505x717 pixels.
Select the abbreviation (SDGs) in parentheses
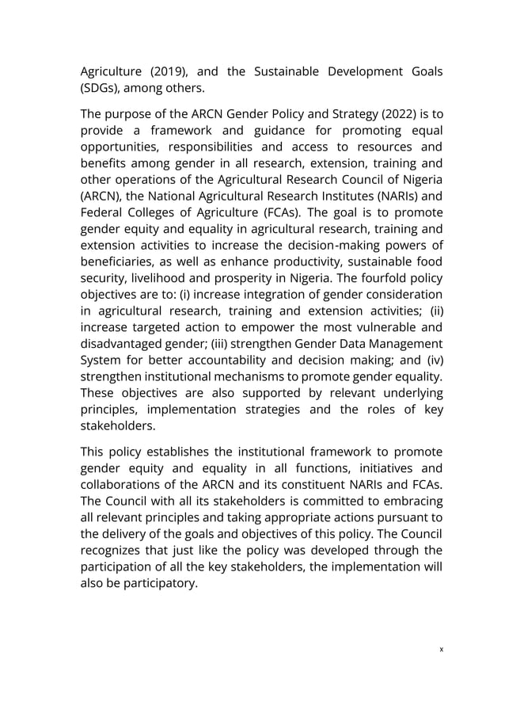pyautogui.click(x=104, y=90)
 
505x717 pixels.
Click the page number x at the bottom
pyautogui.click(x=441, y=649)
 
